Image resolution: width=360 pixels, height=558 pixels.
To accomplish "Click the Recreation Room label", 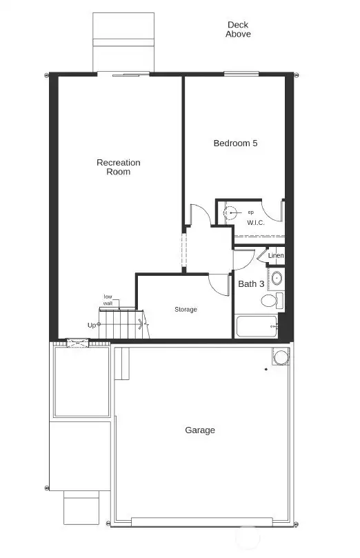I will [x=118, y=167].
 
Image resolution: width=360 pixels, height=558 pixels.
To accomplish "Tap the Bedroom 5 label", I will [x=235, y=143].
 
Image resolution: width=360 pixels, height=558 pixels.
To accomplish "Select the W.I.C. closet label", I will [x=257, y=223].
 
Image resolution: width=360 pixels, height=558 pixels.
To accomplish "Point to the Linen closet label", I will [x=276, y=256].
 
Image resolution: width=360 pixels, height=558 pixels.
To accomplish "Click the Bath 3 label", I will [x=251, y=283].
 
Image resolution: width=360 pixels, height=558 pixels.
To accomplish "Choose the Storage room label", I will [x=185, y=310].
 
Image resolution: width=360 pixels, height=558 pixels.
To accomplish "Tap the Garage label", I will [x=200, y=430].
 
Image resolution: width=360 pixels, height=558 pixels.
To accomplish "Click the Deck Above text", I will [x=238, y=29].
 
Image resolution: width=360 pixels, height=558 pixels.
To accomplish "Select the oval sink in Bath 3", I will [x=277, y=279].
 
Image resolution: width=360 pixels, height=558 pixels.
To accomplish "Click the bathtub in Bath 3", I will [x=257, y=326].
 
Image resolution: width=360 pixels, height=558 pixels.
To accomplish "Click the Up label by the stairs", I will [x=92, y=324].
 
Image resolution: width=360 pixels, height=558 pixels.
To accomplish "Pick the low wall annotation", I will [x=108, y=299].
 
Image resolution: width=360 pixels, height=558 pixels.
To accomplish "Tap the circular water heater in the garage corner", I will [x=281, y=357].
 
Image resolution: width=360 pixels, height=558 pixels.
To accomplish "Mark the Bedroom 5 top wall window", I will [x=241, y=74].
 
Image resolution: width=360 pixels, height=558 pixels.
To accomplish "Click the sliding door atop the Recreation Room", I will [x=124, y=73].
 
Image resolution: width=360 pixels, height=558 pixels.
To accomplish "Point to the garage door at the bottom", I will [x=200, y=520].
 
